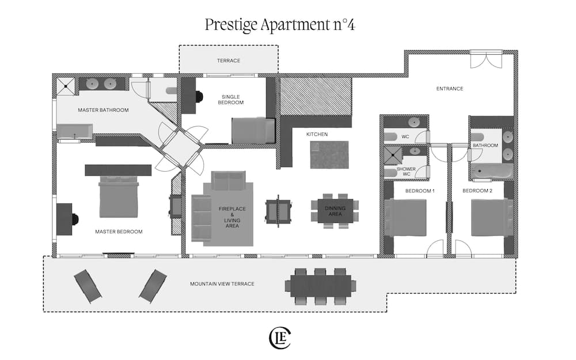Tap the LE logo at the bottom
click(x=280, y=338)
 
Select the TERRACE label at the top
click(x=228, y=60)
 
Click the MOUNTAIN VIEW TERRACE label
click(x=222, y=284)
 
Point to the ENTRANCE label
click(x=449, y=89)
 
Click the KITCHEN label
click(x=317, y=134)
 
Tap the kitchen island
click(x=329, y=154)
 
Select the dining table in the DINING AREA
click(x=334, y=211)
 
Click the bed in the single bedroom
click(x=253, y=130)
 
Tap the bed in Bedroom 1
click(x=406, y=217)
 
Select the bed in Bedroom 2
click(x=491, y=217)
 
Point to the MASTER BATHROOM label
click(x=103, y=110)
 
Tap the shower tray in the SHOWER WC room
click(x=393, y=152)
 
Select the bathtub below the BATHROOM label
click(x=492, y=172)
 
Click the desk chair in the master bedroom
click(x=75, y=219)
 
